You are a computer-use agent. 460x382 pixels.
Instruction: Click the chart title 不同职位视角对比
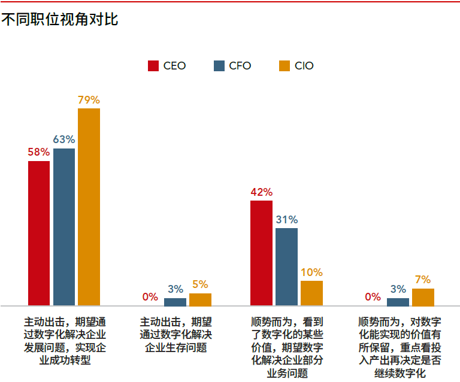60,20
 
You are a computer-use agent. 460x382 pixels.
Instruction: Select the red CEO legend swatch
153,66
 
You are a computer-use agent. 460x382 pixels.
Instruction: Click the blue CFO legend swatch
219,66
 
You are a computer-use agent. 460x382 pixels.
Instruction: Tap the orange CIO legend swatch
285,66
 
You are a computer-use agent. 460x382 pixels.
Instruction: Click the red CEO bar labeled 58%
39,233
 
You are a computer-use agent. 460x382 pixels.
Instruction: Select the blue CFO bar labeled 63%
64,227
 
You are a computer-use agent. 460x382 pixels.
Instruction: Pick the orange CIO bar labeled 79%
89,207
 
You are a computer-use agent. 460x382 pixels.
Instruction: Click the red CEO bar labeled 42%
261,253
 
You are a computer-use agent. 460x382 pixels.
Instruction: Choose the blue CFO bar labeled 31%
286,266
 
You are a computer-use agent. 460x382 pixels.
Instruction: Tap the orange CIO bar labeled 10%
311,293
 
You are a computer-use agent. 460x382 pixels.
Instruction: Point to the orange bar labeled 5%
200,299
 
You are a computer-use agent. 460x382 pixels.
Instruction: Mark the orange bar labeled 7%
423,297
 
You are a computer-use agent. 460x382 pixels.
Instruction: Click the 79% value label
89,100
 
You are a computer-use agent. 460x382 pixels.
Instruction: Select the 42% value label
261,192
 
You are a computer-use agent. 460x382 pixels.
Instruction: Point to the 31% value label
286,220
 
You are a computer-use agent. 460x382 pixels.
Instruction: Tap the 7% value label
423,280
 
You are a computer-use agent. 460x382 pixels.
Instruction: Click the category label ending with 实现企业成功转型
64,340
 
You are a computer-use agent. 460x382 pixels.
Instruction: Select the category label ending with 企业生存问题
175,334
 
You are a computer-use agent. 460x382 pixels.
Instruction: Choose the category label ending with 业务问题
286,347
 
